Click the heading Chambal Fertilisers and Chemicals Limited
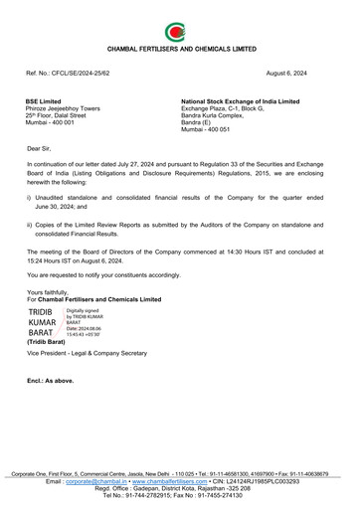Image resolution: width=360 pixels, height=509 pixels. (x=180, y=48)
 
